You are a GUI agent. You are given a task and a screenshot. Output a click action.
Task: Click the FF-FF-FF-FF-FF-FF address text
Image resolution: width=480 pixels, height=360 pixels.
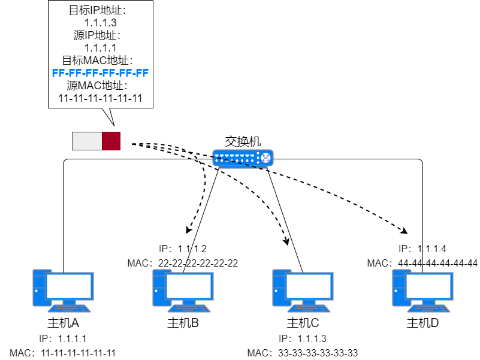click(x=100, y=72)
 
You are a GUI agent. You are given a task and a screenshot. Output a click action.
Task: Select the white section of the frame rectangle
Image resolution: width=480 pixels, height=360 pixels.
click(x=87, y=141)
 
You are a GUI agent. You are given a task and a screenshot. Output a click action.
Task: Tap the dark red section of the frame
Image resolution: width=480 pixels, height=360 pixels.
click(x=111, y=141)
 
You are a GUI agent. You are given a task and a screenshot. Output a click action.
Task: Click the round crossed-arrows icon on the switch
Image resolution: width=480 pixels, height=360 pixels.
click(x=265, y=158)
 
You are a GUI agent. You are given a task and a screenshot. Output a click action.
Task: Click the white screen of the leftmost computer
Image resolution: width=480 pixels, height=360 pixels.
click(x=69, y=286)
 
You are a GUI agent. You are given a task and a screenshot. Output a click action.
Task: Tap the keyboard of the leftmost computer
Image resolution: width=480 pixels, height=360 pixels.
click(x=69, y=308)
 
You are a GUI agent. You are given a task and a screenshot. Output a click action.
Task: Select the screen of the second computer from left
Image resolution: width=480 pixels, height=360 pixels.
click(x=189, y=286)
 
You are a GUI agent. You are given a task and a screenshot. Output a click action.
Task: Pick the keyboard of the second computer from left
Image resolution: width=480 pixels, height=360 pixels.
click(x=189, y=308)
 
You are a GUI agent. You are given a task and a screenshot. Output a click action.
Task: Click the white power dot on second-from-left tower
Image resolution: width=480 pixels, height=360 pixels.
click(x=156, y=291)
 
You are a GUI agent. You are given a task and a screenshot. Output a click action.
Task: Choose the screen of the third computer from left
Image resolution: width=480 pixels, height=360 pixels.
click(x=309, y=286)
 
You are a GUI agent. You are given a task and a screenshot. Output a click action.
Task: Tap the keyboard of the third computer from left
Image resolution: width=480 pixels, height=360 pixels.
click(x=309, y=308)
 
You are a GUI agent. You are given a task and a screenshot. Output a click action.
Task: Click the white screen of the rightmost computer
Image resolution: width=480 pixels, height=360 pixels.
click(x=428, y=286)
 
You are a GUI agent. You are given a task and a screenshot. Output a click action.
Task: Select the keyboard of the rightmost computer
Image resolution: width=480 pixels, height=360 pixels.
click(x=428, y=308)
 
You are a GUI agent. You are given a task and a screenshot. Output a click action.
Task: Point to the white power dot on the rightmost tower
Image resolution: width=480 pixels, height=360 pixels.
click(x=396, y=291)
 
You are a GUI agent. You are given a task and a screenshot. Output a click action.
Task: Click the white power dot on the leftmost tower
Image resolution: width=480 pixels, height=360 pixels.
click(x=37, y=291)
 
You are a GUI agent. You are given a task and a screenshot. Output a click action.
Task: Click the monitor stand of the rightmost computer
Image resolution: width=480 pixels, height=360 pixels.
click(x=428, y=302)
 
